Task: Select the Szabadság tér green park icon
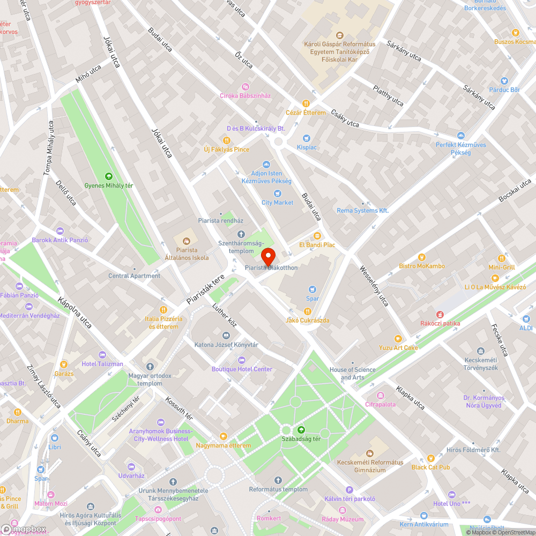[x=301, y=429]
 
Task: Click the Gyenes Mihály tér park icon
[x=109, y=176]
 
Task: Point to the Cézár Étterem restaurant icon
[x=306, y=103]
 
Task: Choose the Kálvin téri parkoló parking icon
[x=349, y=489]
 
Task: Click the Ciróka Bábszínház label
[x=245, y=95]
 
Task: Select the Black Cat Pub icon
[x=431, y=458]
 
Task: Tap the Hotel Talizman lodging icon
[x=102, y=354]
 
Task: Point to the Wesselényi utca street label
[x=374, y=286]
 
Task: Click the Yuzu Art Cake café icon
[x=398, y=338]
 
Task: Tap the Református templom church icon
[x=278, y=480]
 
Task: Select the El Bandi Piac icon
[x=317, y=235]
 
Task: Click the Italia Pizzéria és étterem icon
[x=164, y=309]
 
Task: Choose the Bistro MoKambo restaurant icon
[x=421, y=257]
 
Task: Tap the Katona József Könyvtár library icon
[x=226, y=335]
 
